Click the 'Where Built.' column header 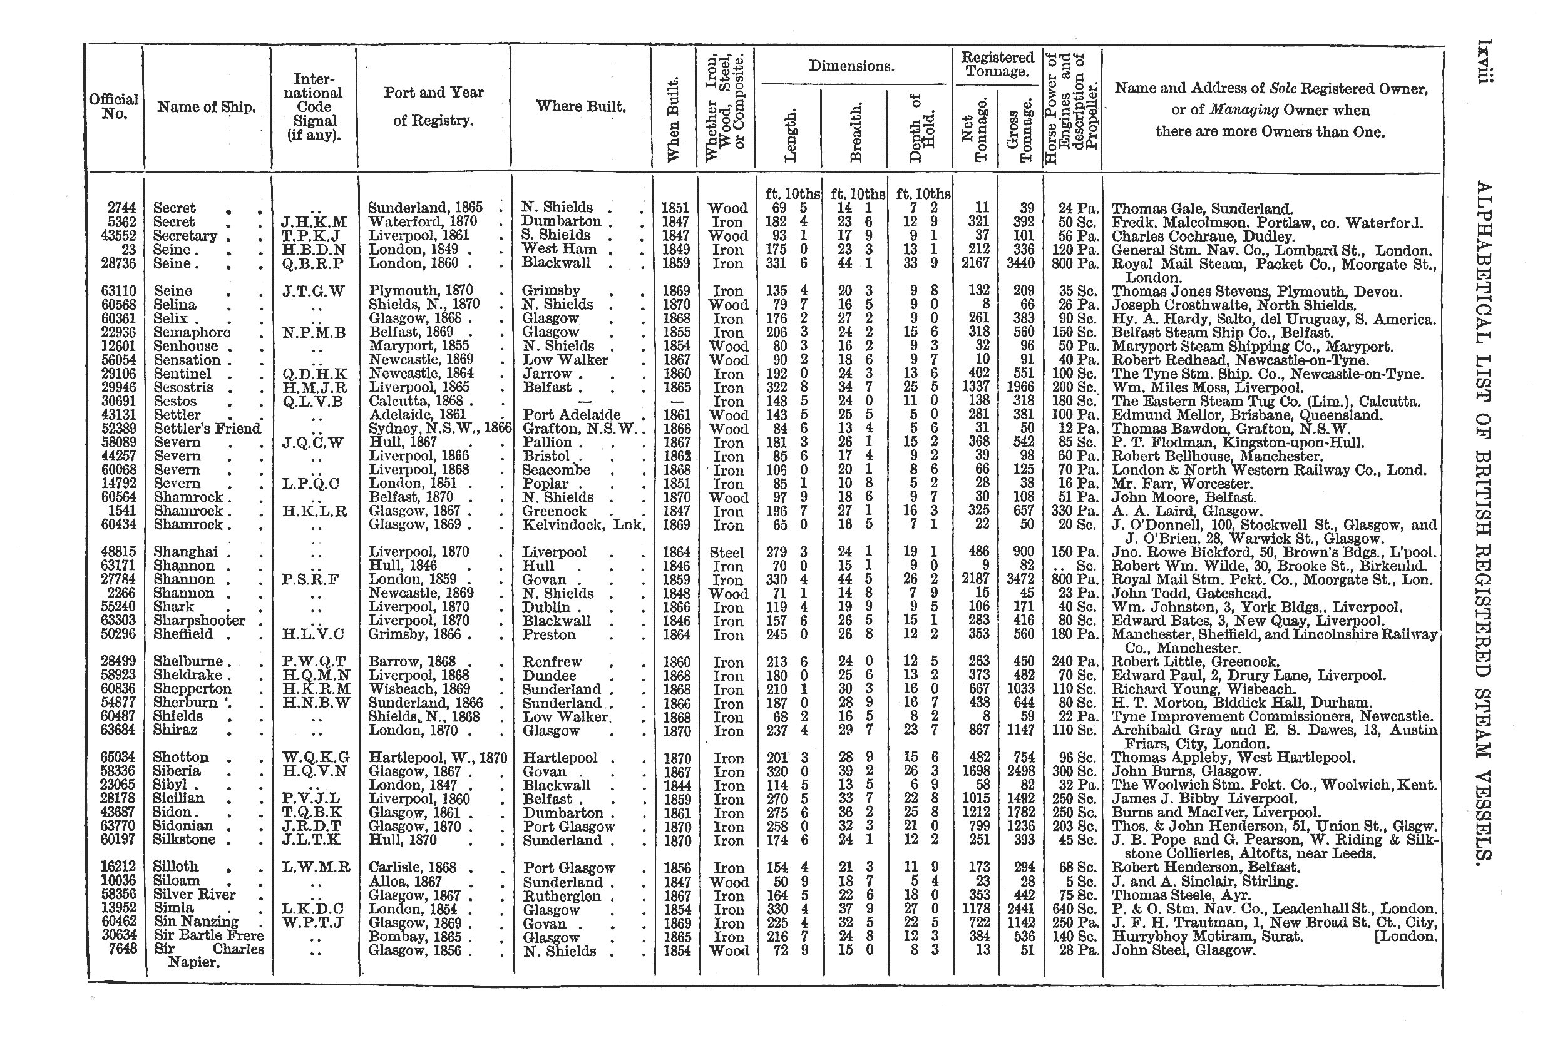580,106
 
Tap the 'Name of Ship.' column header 207,106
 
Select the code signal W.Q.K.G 316,758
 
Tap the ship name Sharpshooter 199,621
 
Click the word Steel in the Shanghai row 727,552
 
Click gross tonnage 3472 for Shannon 1018,580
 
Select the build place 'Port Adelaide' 572,415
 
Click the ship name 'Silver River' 194,895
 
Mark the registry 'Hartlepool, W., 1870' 437,758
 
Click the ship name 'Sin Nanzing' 195,922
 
